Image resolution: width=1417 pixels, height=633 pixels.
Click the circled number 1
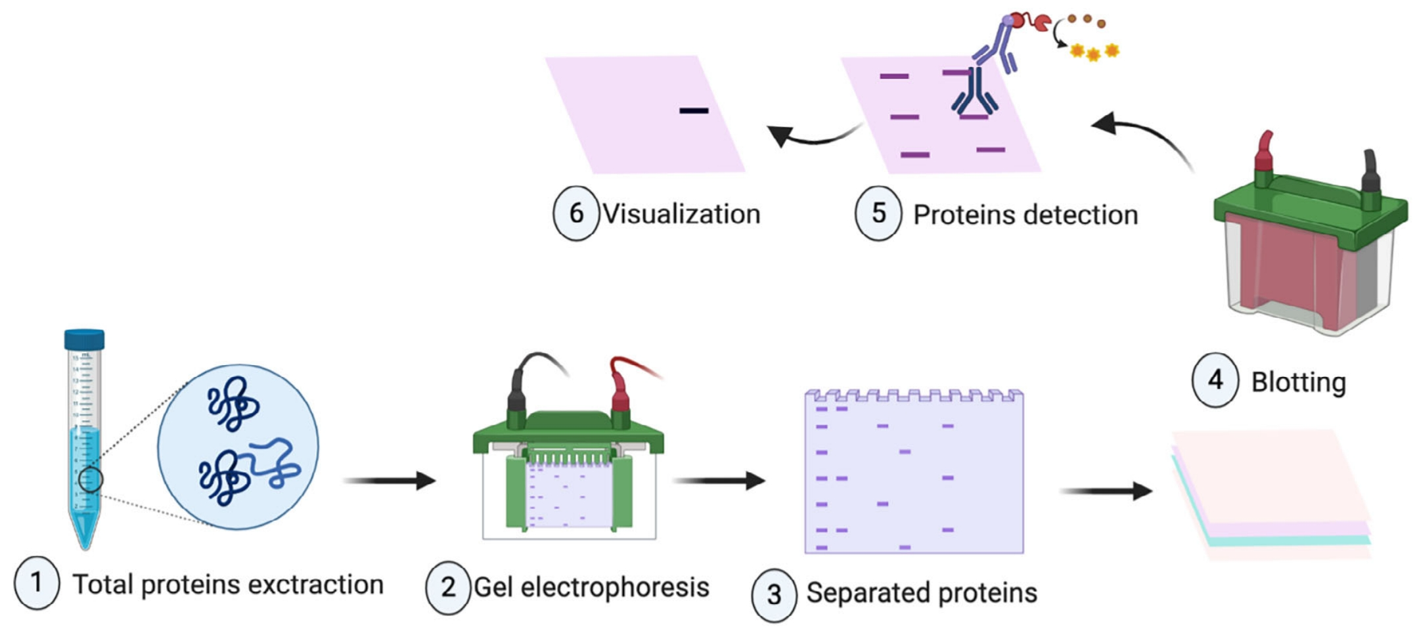pos(37,582)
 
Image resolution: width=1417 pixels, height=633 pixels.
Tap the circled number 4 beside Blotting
pos(1215,380)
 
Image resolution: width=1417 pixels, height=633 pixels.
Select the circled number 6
pos(575,213)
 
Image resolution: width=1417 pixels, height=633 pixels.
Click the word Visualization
pos(681,214)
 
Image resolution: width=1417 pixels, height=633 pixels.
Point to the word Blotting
pos(1298,382)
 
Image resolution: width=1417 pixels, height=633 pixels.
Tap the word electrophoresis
pos(614,587)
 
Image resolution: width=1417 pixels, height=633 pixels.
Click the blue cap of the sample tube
pos(84,339)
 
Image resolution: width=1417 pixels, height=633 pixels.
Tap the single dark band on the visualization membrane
pos(693,110)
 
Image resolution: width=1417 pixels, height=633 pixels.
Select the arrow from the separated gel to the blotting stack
pos(1106,491)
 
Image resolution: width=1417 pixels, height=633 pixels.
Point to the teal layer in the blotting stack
pos(1288,540)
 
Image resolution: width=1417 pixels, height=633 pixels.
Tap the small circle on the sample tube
pos(91,479)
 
